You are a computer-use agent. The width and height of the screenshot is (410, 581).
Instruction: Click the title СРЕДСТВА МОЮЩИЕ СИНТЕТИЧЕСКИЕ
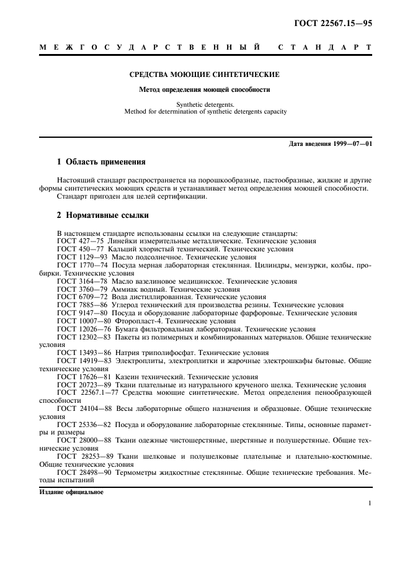click(204, 74)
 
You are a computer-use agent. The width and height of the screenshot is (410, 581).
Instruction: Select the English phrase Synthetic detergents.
click(204, 105)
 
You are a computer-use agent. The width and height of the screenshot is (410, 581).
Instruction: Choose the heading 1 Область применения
click(101, 162)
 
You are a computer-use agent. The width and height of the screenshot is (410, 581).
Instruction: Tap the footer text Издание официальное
click(67, 492)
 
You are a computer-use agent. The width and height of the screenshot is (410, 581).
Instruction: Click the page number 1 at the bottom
click(369, 503)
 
